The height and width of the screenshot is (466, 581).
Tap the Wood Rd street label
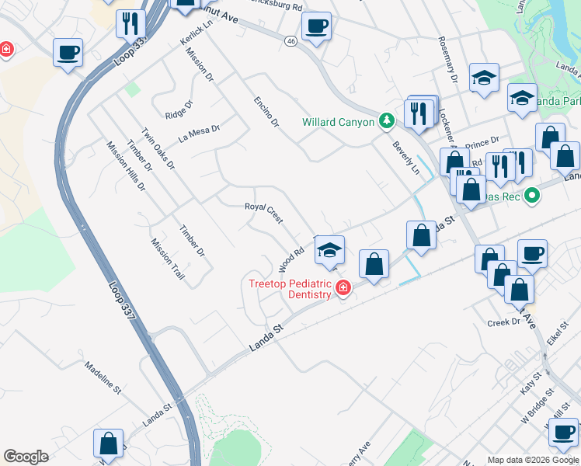(290, 256)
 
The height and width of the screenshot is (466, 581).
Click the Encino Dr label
(266, 112)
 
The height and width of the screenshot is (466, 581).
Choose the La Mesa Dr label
(200, 134)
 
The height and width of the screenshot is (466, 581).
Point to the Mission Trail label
(168, 259)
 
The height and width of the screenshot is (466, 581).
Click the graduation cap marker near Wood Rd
(329, 250)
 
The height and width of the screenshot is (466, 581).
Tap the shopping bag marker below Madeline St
(108, 443)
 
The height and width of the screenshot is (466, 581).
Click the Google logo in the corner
(26, 457)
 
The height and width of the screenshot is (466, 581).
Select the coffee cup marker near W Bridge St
(563, 432)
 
